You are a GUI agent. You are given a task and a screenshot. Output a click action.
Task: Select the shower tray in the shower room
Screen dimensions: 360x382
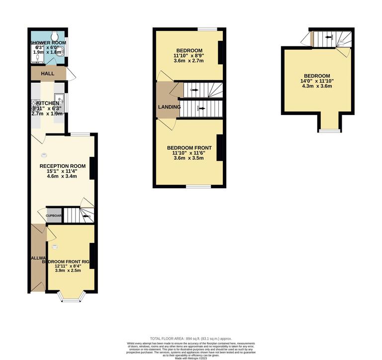[36, 59]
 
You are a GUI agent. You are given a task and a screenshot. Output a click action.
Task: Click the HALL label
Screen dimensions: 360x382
[48, 74]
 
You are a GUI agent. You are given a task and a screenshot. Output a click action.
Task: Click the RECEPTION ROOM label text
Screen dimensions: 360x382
[63, 166]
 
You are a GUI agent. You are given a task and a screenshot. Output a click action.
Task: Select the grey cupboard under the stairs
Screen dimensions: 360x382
[54, 216]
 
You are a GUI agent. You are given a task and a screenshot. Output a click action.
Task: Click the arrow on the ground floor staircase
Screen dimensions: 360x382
[86, 216]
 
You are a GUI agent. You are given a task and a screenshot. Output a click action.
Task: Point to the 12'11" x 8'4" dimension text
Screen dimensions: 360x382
[68, 266]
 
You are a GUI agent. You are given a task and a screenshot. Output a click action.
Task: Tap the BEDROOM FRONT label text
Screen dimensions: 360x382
[189, 148]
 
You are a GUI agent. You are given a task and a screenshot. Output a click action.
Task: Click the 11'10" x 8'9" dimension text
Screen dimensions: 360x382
[189, 56]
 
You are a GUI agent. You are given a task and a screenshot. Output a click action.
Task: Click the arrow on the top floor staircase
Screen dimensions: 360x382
[328, 37]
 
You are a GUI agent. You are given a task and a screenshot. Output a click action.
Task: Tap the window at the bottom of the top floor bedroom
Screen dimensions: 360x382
[330, 131]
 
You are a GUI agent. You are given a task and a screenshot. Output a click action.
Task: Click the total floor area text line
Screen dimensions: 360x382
[191, 339]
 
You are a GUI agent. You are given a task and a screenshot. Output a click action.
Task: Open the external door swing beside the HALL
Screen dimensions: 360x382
[71, 75]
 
